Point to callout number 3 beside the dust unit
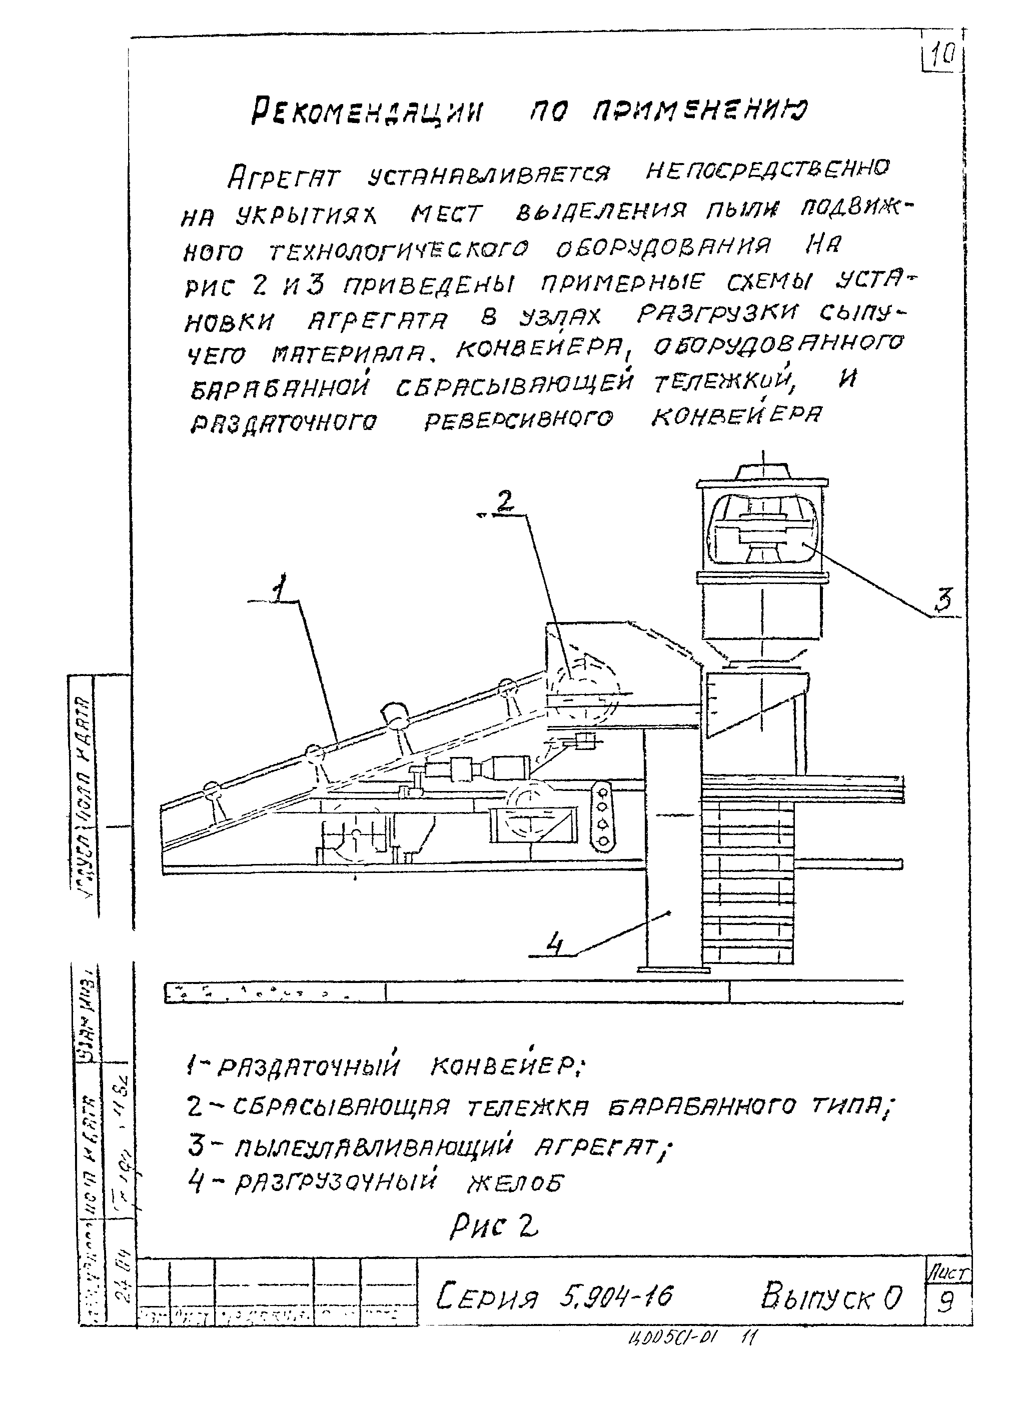coord(942,600)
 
